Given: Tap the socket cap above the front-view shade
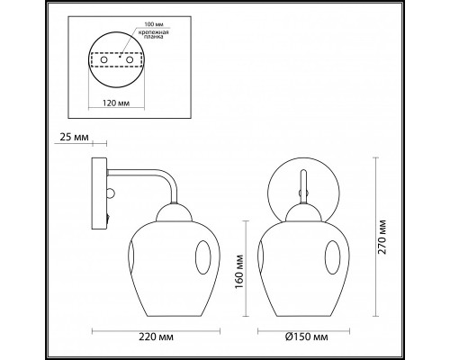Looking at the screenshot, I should coord(303,217).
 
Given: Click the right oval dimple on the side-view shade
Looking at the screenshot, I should coord(206,264).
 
